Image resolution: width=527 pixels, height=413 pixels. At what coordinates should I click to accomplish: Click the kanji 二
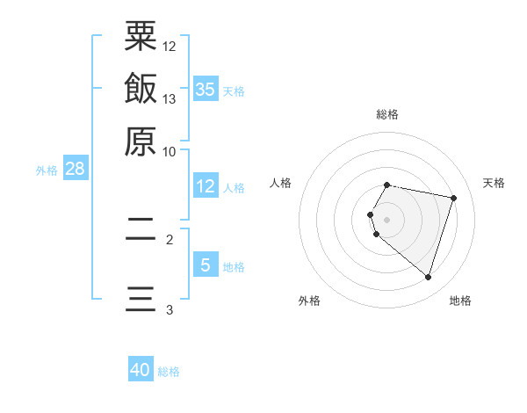(141, 230)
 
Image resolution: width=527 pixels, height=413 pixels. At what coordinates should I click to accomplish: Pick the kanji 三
(141, 299)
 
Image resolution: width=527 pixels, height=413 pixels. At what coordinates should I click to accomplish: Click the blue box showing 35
(206, 89)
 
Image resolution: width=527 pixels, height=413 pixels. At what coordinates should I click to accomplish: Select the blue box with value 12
(206, 186)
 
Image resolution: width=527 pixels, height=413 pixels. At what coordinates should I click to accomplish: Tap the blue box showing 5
(206, 264)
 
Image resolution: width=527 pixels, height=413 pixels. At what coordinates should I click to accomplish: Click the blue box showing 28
(75, 170)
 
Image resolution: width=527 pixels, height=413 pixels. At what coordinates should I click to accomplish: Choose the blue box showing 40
(141, 370)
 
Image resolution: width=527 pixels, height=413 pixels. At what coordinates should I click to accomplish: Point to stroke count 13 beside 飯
(170, 98)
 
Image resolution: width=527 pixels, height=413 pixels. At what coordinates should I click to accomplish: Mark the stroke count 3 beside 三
(170, 309)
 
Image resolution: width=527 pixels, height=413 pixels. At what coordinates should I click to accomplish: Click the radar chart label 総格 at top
(386, 114)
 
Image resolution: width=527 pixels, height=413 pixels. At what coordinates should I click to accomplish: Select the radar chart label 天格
(494, 183)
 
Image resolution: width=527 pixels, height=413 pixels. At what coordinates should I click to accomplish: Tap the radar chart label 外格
(309, 301)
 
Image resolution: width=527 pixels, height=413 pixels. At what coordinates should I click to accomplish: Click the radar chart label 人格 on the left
(281, 183)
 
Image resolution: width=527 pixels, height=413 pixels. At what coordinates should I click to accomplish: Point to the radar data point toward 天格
(453, 198)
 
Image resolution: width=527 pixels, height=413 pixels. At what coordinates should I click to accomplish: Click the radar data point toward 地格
(428, 278)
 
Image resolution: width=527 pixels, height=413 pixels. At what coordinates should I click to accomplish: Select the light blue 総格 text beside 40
(169, 372)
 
